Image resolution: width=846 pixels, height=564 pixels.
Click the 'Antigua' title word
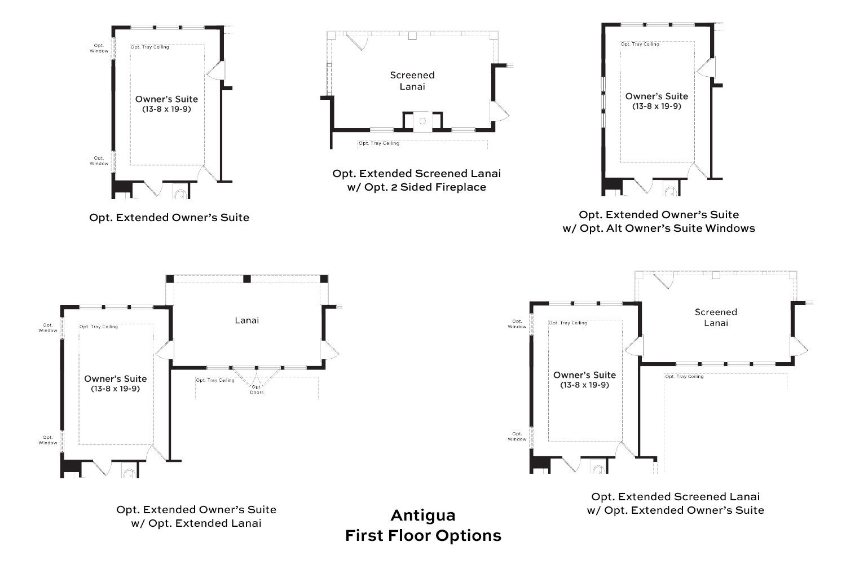coord(423,515)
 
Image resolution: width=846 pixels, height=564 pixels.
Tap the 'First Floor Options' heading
coord(423,536)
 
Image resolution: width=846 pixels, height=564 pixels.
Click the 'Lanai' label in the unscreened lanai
coord(247,320)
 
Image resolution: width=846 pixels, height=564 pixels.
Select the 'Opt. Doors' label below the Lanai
coord(257,390)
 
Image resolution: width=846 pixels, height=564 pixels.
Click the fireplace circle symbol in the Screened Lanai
coord(422,121)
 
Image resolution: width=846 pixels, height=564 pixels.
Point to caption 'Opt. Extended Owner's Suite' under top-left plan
coord(169,218)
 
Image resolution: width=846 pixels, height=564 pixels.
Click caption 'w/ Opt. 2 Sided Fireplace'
coord(417,187)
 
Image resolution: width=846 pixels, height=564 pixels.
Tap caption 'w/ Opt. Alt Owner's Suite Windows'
coord(659,228)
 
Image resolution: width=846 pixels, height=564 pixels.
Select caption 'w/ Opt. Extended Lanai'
coord(196,523)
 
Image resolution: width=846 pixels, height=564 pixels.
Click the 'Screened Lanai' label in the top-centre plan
coord(412,81)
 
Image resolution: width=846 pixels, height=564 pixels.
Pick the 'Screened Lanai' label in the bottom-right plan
coord(716,318)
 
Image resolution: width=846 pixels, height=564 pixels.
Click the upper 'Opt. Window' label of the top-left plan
coord(99,49)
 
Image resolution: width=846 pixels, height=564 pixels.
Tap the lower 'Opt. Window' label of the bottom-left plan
coord(48,440)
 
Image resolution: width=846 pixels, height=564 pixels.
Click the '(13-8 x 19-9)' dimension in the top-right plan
coord(657,106)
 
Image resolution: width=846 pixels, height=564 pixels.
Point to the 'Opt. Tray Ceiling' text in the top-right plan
coord(640,44)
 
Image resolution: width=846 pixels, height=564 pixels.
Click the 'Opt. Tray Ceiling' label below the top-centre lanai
coord(379,143)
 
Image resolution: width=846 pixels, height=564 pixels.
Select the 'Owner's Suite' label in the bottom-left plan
coord(116,378)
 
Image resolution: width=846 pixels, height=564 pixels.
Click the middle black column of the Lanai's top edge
coord(247,279)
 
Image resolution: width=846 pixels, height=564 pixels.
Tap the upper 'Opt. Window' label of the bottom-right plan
coord(517,324)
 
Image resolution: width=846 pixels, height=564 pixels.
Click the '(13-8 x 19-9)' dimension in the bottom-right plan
coord(585,385)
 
